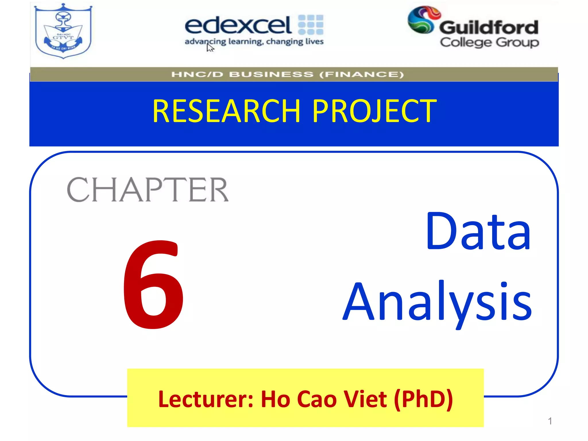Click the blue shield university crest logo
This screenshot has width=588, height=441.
tap(63, 31)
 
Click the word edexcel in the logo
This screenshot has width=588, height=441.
tap(238, 25)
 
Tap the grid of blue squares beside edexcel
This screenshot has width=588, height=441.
tap(311, 25)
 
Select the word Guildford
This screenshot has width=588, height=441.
tap(489, 28)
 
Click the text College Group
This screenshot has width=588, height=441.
tap(490, 42)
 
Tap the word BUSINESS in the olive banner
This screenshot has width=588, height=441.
tap(271, 75)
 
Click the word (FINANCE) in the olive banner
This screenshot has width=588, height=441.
tap(361, 75)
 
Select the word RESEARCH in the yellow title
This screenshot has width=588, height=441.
tap(226, 111)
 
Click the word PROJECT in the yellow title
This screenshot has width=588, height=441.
tap(374, 111)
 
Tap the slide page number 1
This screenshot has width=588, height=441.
tap(550, 421)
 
